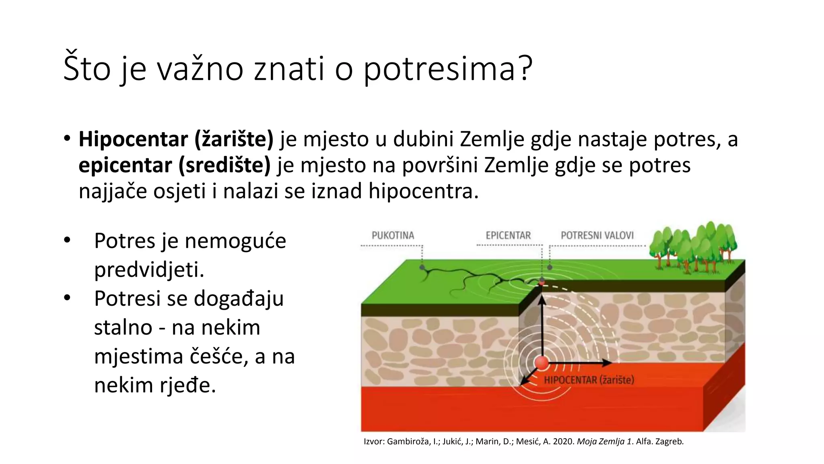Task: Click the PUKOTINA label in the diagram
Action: coord(393,235)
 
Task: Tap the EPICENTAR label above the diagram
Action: coord(508,235)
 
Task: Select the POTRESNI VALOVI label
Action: coord(597,235)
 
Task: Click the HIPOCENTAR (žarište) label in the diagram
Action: coord(589,380)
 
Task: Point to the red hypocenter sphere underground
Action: coord(542,362)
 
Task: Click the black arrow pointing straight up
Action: coord(542,322)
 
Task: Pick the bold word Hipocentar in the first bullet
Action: coord(133,139)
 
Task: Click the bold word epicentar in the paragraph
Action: coord(125,165)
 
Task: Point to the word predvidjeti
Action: coord(149,269)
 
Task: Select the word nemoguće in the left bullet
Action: coord(235,241)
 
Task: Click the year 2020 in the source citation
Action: coord(564,441)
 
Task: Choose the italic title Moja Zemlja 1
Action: coord(605,441)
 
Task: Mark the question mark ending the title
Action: coord(525,68)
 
